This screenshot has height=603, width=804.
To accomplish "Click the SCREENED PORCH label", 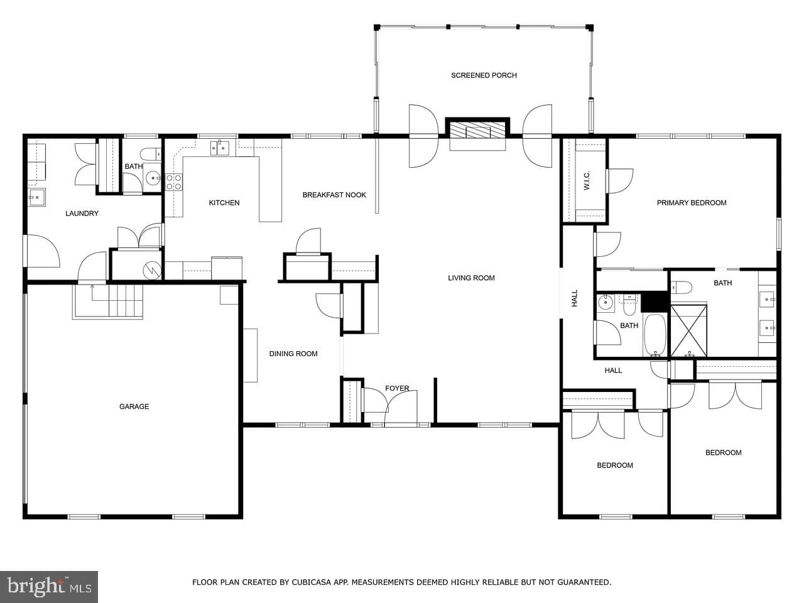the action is point(484,75).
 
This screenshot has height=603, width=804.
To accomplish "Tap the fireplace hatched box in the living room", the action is point(477,130).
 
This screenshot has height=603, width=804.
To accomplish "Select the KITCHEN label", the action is point(224,203).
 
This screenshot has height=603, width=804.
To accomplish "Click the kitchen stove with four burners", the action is point(173,182).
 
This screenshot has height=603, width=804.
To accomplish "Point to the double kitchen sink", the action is point(219,148).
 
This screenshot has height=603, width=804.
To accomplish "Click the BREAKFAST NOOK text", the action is point(334,195).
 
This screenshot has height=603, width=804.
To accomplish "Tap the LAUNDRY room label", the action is point(82,214).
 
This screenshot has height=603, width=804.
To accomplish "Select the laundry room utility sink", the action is point(36,198).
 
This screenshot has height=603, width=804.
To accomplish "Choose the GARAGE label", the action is point(134,406).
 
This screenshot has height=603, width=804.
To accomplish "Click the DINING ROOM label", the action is point(293,354).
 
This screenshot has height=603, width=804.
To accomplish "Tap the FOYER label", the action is point(397,388).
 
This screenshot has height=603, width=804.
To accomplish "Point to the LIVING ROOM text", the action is point(471,278).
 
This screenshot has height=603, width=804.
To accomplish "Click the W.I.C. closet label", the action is point(587,180).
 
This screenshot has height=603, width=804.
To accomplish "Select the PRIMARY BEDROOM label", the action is point(692,203).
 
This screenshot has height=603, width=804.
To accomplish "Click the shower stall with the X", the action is point(688,330).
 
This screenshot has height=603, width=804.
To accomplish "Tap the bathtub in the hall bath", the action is point(655,335).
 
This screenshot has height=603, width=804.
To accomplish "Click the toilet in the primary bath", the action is point(682,288).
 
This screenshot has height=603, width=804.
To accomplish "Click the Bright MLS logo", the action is point(49,587).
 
